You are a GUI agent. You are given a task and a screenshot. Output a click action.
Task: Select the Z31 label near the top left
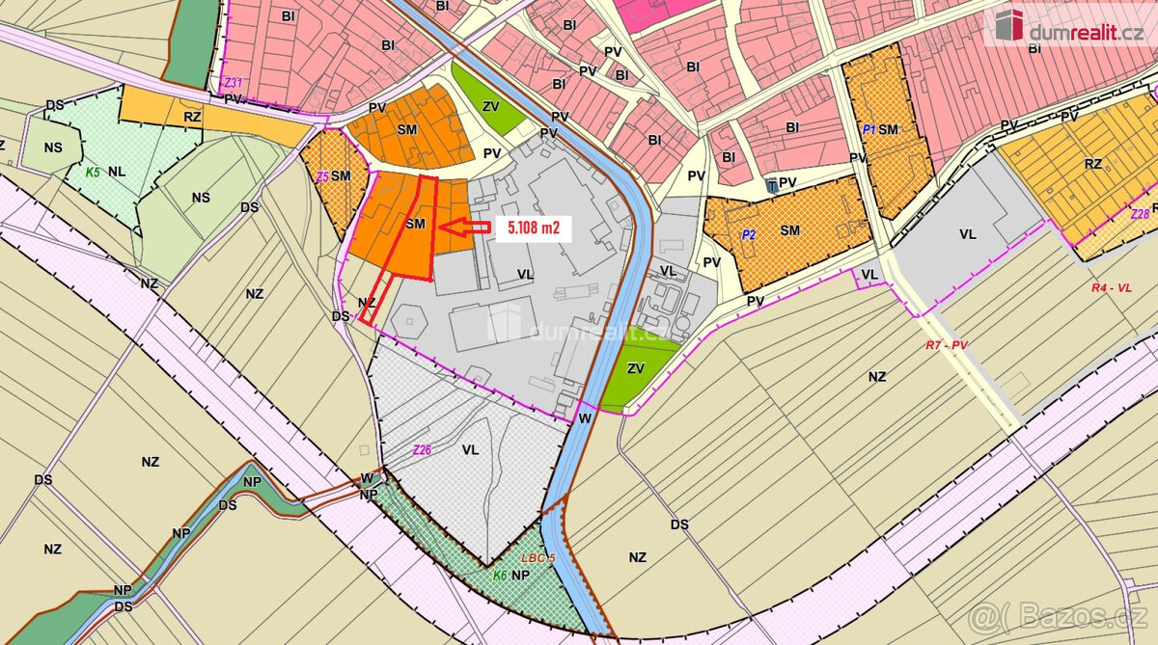pos(232,82)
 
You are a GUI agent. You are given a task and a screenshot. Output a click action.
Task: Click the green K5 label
pos(93,173)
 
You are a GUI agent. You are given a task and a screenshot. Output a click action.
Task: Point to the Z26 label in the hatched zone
pos(422,449)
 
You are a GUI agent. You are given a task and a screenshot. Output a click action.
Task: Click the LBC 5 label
pos(538,559)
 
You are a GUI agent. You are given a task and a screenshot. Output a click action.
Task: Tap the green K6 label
pos(500,576)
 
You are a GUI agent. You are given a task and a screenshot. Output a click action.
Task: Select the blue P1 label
pos(868,129)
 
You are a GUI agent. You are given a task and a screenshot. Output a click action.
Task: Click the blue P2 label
pos(749,234)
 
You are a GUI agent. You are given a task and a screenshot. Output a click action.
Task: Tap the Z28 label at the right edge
pos(1141,214)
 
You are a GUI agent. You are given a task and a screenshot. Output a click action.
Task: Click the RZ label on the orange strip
pos(193,117)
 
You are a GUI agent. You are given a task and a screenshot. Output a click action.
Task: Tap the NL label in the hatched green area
pos(118,172)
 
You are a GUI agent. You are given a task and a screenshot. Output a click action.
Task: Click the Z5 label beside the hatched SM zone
pos(321,176)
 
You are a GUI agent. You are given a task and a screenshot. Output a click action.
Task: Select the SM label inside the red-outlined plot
pos(415,223)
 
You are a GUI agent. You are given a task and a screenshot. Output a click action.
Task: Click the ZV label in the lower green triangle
pos(635,367)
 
